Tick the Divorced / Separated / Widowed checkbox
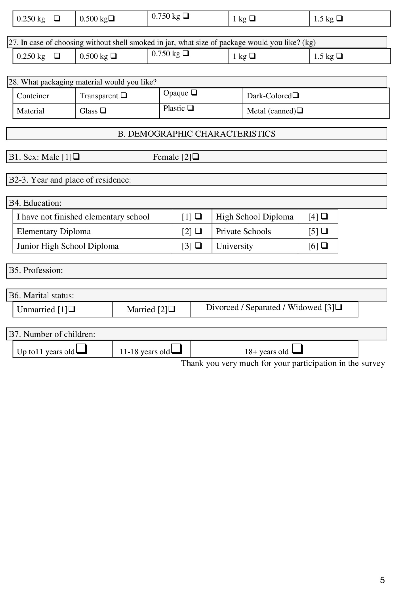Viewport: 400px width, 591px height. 338,307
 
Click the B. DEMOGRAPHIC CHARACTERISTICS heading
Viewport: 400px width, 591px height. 196,134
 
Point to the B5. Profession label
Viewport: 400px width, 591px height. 36,270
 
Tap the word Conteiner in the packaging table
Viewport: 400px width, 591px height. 33,96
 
